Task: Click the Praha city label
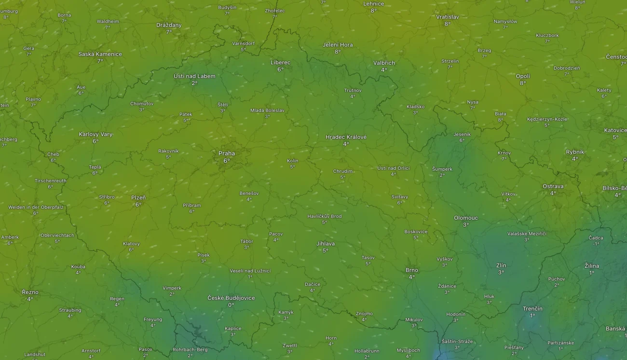(x=227, y=153)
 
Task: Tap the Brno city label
(x=412, y=270)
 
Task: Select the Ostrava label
(x=553, y=186)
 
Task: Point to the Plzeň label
(x=138, y=198)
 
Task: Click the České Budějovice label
(x=231, y=298)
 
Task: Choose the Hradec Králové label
(x=346, y=137)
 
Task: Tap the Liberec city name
(x=280, y=63)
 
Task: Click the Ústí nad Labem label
(x=194, y=76)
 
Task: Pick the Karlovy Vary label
(x=95, y=134)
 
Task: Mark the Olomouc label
(x=466, y=218)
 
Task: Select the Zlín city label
(x=501, y=266)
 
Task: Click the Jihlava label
(x=326, y=244)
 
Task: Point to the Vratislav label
(x=448, y=17)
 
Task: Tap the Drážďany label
(x=169, y=25)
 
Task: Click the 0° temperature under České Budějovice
(x=231, y=305)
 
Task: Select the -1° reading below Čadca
(x=596, y=244)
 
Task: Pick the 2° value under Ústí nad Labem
(x=194, y=83)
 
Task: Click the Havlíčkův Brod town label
(x=325, y=216)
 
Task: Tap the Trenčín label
(x=532, y=309)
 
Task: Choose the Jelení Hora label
(x=338, y=45)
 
